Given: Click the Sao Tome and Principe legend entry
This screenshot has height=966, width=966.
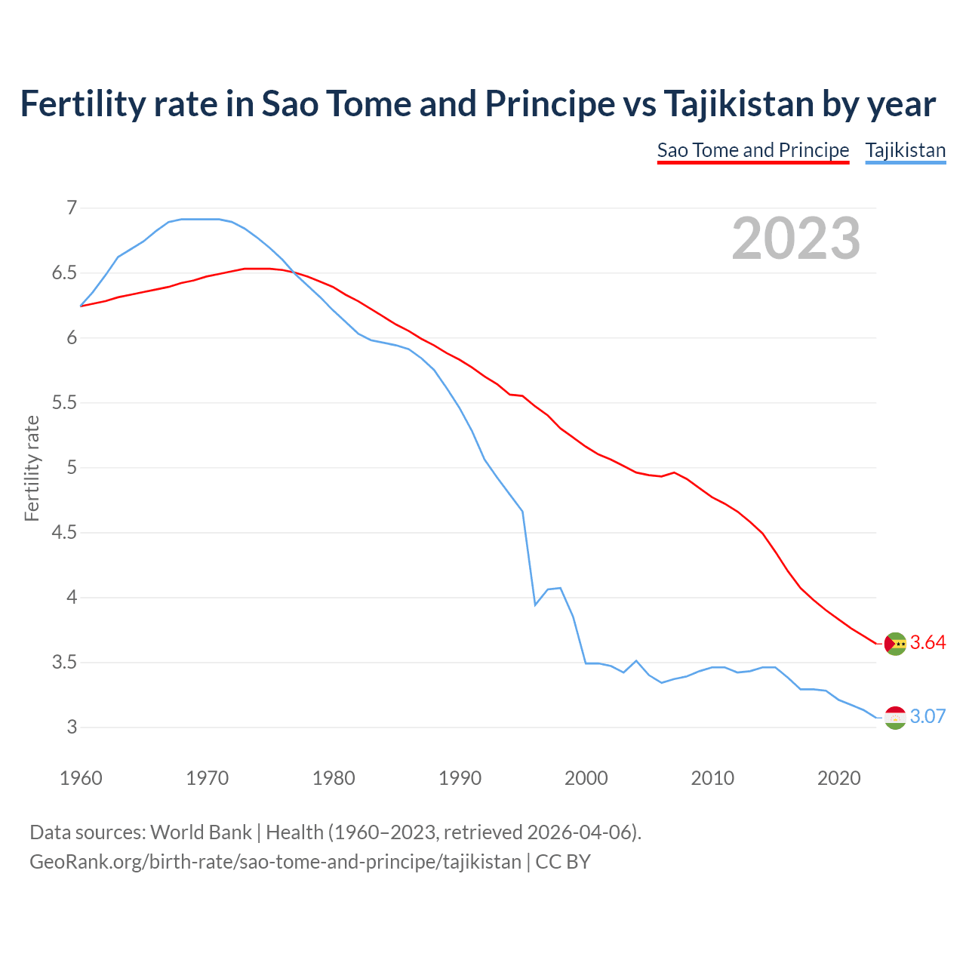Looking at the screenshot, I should pos(752,150).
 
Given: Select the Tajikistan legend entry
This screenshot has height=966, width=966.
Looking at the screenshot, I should pos(905,150).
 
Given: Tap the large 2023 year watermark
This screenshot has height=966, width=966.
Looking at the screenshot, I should pos(795,238).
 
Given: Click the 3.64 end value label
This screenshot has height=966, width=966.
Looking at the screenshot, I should pos(928,643).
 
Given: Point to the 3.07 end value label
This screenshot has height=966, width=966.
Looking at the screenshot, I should pos(928,717).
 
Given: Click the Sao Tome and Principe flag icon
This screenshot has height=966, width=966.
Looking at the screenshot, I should pos(895,644).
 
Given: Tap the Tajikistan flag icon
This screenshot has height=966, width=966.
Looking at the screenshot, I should pos(895,718).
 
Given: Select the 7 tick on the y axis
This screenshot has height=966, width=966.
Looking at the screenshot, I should pos(72,208).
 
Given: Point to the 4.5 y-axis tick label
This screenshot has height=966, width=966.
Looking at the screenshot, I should pos(64,533).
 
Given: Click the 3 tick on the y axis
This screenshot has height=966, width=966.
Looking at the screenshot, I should pos(72,728).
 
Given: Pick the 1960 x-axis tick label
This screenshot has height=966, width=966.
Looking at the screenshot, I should pos(81,778).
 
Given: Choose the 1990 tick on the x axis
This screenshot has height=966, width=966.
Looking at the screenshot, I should pos(460,778).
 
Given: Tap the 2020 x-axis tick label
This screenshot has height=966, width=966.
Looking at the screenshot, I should pos(838,778).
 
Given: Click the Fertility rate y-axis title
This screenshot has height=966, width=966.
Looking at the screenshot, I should pos(32,468).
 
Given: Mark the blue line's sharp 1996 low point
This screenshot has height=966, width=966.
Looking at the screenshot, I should pos(535,605).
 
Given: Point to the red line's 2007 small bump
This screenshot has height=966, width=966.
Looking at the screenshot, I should pos(674,472).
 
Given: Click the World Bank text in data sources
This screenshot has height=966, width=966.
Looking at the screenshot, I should pos(201,832).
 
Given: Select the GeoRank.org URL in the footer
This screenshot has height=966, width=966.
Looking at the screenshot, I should pos(275,862).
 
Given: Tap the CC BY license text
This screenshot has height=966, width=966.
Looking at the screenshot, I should pos(563,862).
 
